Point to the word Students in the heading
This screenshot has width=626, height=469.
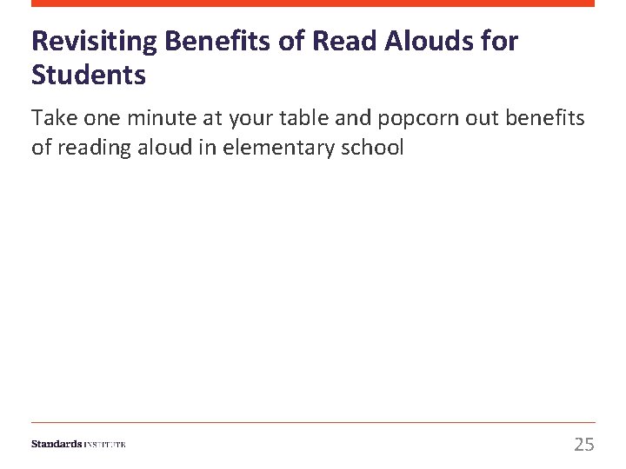89,76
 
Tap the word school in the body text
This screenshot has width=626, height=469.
376,147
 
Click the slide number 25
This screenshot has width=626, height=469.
584,445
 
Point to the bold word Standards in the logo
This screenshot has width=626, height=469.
57,444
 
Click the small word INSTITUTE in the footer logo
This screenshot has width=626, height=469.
105,445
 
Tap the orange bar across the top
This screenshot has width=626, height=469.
313,3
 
